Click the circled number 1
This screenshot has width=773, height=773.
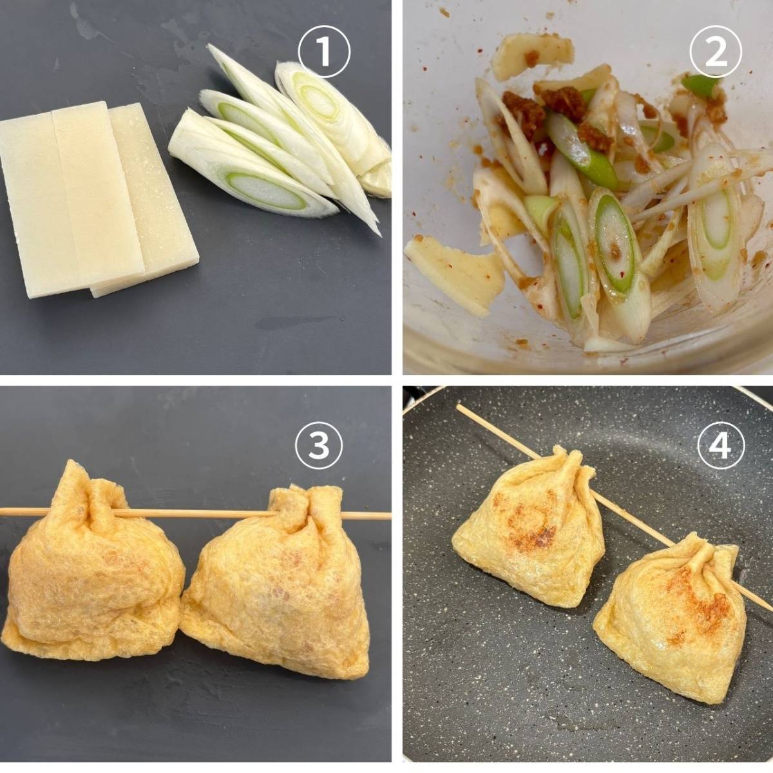(x=324, y=52)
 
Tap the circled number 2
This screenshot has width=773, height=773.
(x=716, y=52)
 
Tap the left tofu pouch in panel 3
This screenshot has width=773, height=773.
(x=91, y=562)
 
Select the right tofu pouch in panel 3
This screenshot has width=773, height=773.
(x=277, y=578)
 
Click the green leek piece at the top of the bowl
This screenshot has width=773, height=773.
(x=700, y=84)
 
